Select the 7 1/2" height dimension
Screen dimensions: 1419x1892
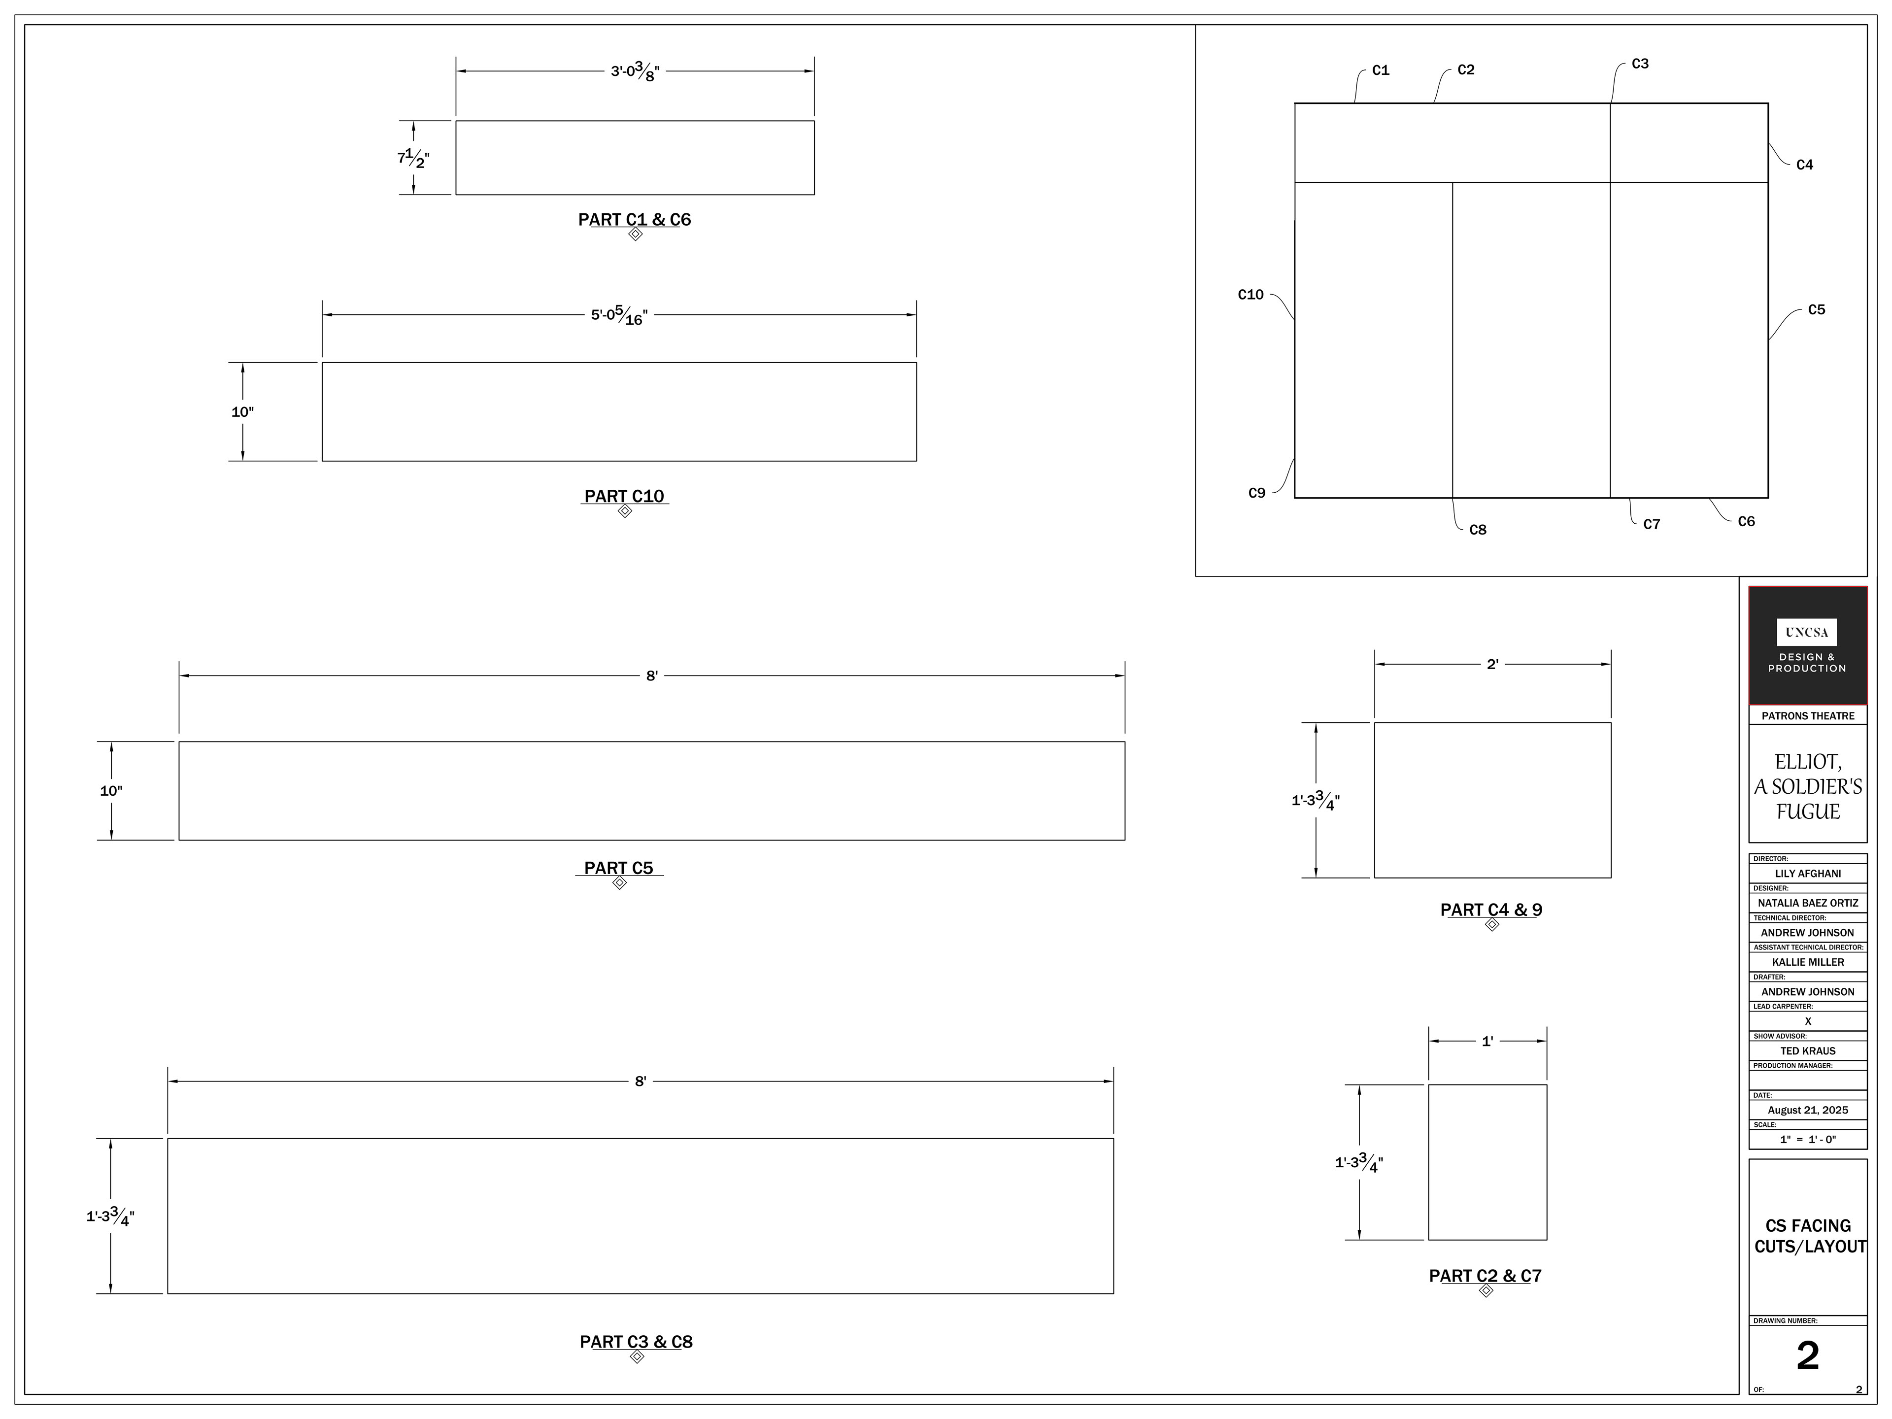coord(413,158)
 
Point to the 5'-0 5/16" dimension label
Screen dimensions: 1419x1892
coord(619,316)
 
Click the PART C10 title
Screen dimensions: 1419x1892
coord(624,496)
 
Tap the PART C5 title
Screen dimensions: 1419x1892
coord(618,868)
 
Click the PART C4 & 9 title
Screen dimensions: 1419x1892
coord(1492,910)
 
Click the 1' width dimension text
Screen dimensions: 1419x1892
coord(1487,1042)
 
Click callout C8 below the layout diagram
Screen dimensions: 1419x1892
coord(1478,530)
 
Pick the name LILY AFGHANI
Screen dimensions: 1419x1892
coord(1807,873)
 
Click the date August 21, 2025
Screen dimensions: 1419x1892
coord(1807,1110)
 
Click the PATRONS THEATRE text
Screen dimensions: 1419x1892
coord(1807,716)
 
